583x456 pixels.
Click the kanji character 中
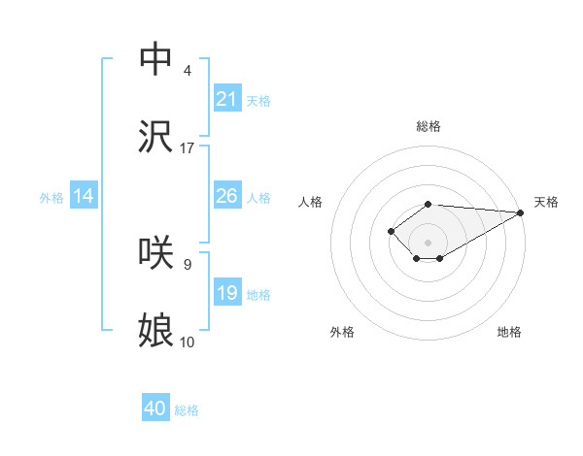click(155, 58)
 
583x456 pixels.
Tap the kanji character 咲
click(155, 252)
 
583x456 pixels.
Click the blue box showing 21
click(227, 99)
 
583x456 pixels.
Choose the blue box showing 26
click(227, 196)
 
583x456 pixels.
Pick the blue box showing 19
click(227, 293)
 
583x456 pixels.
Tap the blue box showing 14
click(84, 196)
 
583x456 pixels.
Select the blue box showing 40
click(155, 409)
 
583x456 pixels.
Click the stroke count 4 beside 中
click(188, 71)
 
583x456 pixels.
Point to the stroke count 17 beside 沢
click(188, 148)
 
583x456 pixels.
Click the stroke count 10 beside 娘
click(188, 342)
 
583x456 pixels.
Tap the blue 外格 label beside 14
click(51, 198)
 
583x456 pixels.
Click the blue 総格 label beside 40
click(187, 411)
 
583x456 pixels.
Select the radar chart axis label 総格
click(429, 126)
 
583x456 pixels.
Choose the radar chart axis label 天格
click(546, 202)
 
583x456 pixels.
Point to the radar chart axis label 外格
click(342, 333)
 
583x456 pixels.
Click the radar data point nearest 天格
click(521, 212)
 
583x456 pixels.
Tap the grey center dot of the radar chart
click(429, 243)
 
